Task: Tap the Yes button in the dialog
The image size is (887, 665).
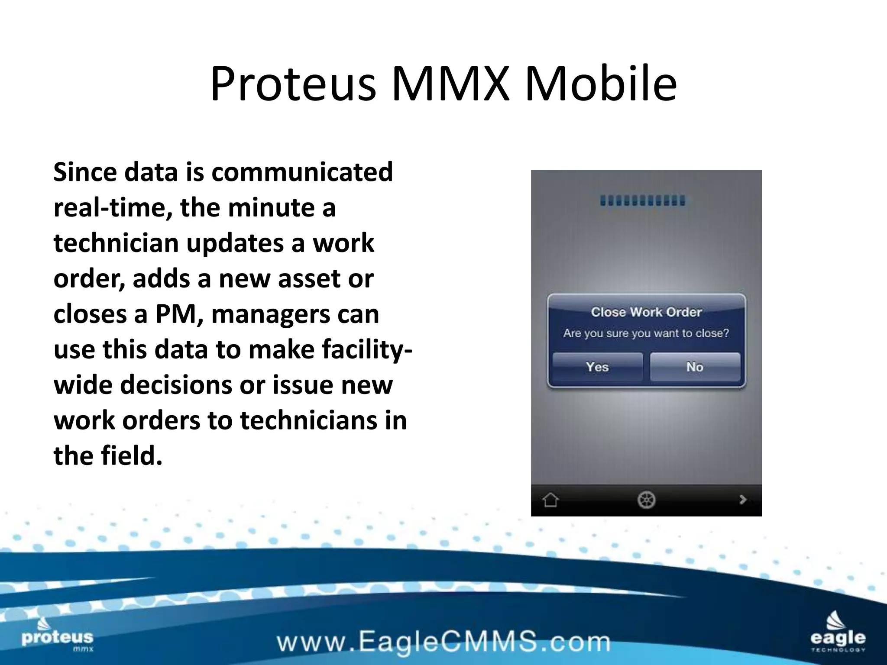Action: click(x=597, y=367)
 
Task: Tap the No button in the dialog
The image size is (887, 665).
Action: click(x=695, y=367)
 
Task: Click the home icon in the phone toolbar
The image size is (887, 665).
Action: click(x=550, y=500)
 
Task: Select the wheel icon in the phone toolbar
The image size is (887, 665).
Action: click(x=646, y=500)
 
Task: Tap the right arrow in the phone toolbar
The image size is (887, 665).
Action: click(x=743, y=500)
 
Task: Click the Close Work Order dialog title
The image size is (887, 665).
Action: click(x=646, y=312)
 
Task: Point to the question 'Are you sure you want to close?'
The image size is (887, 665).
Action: click(x=646, y=333)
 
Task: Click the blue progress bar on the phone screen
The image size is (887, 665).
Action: click(x=643, y=201)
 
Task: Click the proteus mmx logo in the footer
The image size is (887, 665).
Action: click(x=57, y=637)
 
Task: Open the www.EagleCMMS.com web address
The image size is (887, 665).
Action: click(x=443, y=642)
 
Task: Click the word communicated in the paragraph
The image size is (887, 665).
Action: click(x=302, y=172)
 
